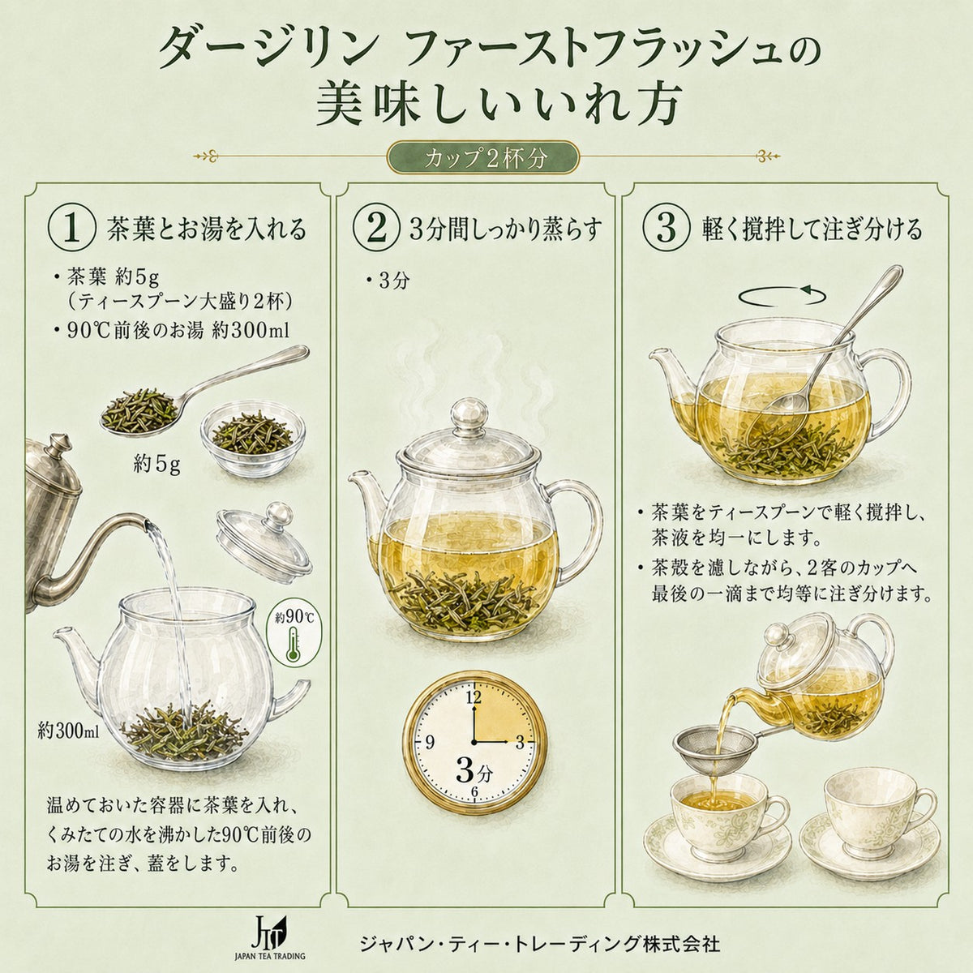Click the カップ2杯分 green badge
point(483,158)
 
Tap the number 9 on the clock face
point(431,742)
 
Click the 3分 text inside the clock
point(474,771)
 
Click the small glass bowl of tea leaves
point(253,439)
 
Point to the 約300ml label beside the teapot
point(69,730)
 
